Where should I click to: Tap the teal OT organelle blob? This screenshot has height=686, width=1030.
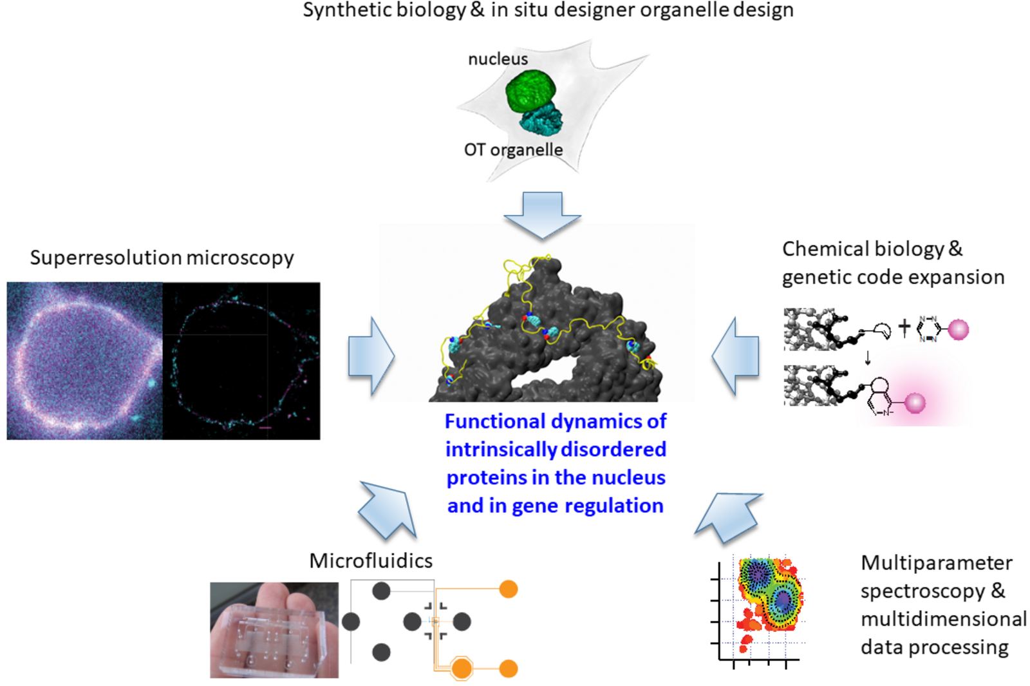click(x=542, y=119)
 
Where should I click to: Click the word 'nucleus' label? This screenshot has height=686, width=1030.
click(x=498, y=59)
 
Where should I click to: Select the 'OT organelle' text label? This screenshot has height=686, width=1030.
click(x=513, y=150)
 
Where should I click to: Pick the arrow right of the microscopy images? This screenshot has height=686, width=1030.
click(x=371, y=356)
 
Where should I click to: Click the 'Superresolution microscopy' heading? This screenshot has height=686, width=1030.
click(x=162, y=258)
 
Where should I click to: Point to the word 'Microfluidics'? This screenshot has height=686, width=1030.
click(x=371, y=561)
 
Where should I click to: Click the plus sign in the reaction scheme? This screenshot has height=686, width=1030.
click(x=904, y=328)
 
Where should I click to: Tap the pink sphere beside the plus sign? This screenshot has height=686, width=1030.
click(x=958, y=329)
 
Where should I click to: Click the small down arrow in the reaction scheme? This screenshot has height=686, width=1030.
click(x=868, y=357)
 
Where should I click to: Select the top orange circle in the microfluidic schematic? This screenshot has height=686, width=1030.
click(x=509, y=589)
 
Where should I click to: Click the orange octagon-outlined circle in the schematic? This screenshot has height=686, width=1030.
click(x=462, y=669)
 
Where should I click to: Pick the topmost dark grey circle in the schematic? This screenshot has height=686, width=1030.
click(x=381, y=590)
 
